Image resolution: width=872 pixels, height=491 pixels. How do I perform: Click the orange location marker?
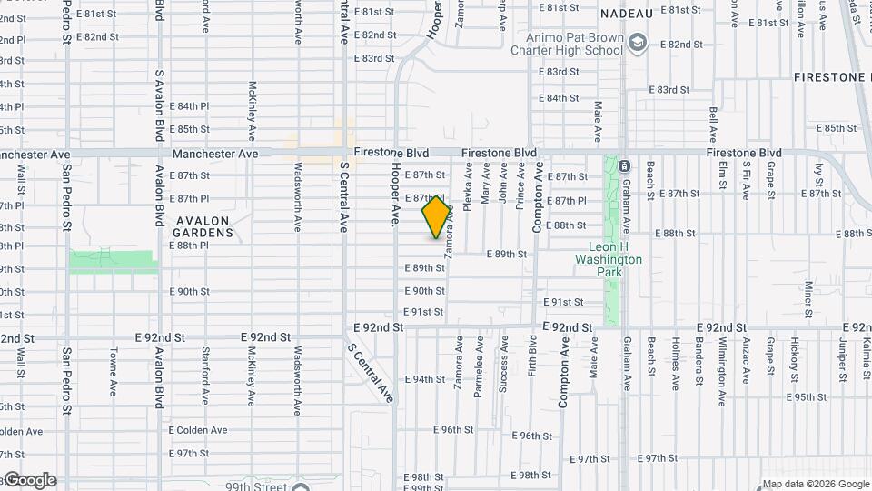click(x=437, y=217)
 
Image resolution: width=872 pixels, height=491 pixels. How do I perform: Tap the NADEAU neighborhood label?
click(x=627, y=14)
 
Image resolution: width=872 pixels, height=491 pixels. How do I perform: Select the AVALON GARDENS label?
click(x=204, y=226)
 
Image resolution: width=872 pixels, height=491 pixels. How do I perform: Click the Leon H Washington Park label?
click(x=609, y=254)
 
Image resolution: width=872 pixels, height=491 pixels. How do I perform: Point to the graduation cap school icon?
click(x=639, y=43)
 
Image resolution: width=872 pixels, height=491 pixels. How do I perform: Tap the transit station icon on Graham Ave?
click(x=624, y=166)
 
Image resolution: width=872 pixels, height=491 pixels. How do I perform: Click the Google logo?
click(x=29, y=480)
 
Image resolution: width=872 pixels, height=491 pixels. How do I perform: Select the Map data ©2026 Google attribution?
click(x=815, y=484)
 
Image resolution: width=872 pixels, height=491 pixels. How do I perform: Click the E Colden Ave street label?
click(x=198, y=430)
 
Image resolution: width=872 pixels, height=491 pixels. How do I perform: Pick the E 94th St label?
click(x=423, y=379)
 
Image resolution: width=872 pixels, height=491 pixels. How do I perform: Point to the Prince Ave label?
click(x=520, y=185)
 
